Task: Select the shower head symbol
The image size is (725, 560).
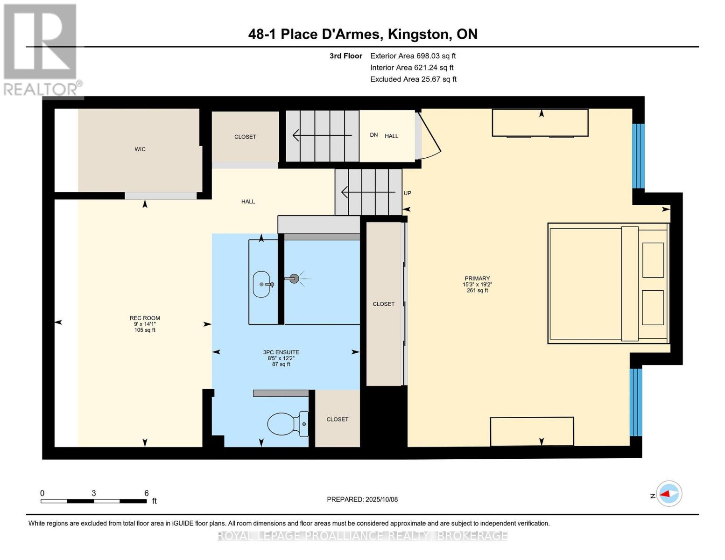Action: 294,279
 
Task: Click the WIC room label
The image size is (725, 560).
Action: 140,149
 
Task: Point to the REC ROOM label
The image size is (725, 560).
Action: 145,318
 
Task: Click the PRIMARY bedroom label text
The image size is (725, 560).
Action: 477,279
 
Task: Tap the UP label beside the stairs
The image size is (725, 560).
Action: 407,193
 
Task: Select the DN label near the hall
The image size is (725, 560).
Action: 373,135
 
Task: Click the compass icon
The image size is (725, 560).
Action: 669,493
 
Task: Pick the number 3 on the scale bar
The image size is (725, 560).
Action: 94,493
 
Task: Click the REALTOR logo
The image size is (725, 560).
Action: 41,49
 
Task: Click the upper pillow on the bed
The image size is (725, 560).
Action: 653,260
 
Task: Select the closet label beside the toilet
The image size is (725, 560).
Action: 337,420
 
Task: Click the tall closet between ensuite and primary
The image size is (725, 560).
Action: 384,304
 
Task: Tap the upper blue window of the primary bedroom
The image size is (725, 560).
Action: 638,156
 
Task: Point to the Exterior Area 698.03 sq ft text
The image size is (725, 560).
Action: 413,56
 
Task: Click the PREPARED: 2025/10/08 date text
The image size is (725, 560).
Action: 362,499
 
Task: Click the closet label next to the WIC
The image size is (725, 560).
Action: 245,137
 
